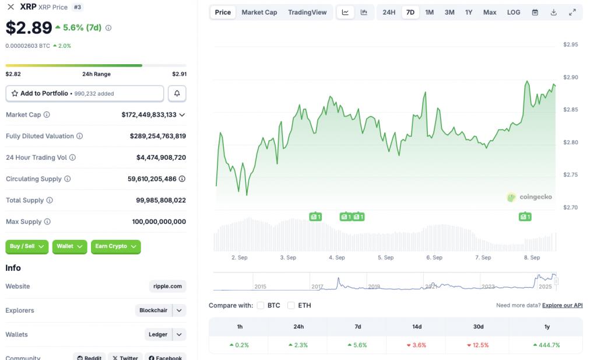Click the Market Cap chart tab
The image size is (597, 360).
tap(259, 12)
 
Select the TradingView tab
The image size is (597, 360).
tap(307, 12)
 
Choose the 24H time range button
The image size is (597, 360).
tap(389, 12)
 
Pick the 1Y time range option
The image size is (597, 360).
tap(469, 12)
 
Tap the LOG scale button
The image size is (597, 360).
tap(514, 12)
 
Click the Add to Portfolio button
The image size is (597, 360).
tap(85, 93)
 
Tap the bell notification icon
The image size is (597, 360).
tap(177, 93)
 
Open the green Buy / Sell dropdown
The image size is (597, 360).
tap(27, 246)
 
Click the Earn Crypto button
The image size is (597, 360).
tap(115, 246)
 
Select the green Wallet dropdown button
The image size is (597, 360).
tap(69, 246)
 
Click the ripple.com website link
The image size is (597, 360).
tap(168, 286)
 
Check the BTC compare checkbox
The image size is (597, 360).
tap(261, 305)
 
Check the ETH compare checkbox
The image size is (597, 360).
tap(291, 305)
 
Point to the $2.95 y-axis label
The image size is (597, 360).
tap(570, 44)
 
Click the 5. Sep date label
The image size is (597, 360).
tap(385, 257)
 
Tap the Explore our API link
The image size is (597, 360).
tap(562, 305)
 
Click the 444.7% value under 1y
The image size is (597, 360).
tap(546, 345)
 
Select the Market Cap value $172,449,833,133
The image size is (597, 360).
tap(149, 115)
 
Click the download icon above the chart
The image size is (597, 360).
tap(553, 12)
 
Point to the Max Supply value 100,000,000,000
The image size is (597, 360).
tap(159, 222)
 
